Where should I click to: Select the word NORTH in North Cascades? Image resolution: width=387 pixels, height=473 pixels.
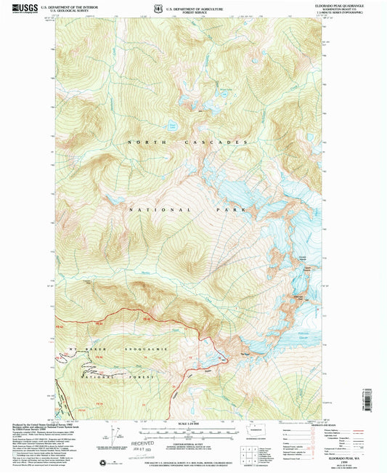point(142,142)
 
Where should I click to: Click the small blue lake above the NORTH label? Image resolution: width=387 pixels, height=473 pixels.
point(172,124)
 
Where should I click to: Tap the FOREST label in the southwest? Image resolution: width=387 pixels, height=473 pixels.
point(140,377)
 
